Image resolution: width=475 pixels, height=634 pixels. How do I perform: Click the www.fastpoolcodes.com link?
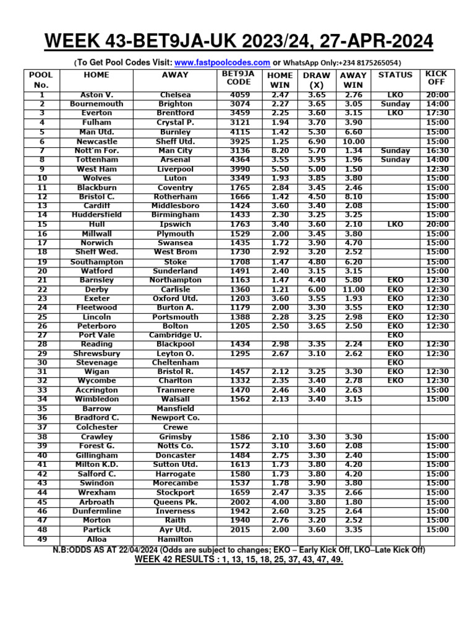tap(222, 63)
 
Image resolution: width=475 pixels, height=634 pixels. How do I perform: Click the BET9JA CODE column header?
tap(238, 79)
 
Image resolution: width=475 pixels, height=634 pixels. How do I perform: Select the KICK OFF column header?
tap(437, 78)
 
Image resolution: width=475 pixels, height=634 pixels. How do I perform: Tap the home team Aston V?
tap(96, 95)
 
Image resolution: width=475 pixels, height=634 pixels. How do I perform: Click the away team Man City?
tap(176, 150)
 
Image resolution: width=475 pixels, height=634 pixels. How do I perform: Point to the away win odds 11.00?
tap(353, 289)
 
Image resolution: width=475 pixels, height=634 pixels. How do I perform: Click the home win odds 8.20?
tap(280, 150)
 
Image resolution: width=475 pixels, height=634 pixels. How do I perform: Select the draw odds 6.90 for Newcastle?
tap(316, 141)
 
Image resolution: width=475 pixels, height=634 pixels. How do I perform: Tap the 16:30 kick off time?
tap(437, 150)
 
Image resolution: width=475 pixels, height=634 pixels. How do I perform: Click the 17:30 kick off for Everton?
tap(437, 113)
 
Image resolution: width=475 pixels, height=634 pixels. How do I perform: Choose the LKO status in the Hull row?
tap(395, 224)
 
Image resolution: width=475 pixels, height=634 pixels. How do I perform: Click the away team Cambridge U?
tap(176, 335)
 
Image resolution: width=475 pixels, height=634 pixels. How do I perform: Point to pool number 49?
tap(41, 539)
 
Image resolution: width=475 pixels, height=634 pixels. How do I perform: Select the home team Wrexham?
tap(96, 492)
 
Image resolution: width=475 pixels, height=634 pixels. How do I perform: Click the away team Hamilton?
tap(176, 539)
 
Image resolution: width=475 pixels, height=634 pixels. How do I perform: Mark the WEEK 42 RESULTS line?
tap(239, 560)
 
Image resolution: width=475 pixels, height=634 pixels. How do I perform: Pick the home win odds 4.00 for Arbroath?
tap(280, 502)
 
